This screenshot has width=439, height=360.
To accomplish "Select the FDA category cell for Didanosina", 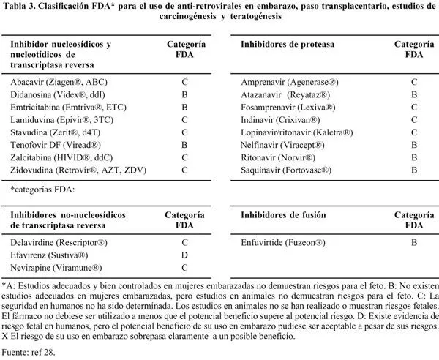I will point(184,95).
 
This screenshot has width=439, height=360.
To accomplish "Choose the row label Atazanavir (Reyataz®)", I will point(285,95).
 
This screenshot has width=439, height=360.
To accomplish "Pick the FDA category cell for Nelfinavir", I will point(414,145).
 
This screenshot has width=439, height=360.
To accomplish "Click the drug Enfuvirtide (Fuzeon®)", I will point(283,241).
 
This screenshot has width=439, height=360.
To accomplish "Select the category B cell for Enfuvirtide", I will point(414,241).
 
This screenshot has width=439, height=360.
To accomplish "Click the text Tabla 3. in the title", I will point(21,6).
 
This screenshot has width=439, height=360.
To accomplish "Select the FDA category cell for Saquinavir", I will point(414,170).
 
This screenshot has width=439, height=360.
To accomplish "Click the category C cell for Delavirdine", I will point(184,241).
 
